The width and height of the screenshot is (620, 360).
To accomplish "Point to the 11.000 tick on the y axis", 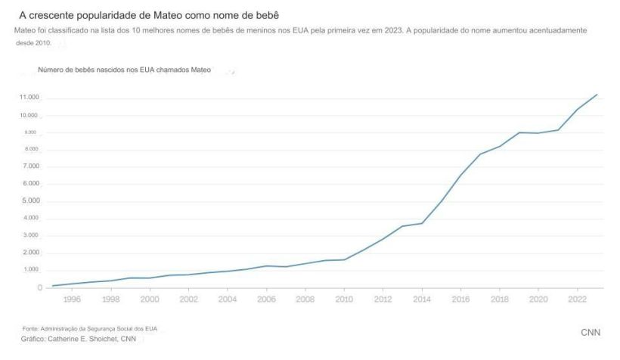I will [x=29, y=98].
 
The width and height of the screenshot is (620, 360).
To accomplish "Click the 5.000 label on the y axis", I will [x=30, y=201].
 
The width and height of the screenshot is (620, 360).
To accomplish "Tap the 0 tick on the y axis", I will [x=38, y=287].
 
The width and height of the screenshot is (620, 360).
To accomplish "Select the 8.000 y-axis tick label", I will [x=30, y=150].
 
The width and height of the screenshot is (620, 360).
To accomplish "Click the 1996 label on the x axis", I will [x=72, y=299].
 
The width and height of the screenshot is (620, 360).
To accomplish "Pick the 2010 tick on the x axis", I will [x=344, y=299].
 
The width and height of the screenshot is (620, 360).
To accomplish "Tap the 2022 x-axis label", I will [x=577, y=299].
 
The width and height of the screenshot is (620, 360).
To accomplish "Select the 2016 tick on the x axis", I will [x=460, y=299].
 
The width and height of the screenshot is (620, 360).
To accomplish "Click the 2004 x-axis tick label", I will [x=228, y=299].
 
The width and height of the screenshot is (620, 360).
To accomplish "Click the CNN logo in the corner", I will [x=591, y=334].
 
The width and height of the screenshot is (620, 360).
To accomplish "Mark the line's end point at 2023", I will [x=597, y=95].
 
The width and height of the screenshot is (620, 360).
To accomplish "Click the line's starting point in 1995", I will [x=52, y=286].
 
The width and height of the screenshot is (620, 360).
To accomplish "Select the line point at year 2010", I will [x=344, y=259].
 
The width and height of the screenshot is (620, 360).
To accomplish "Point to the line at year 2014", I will [x=422, y=223].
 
